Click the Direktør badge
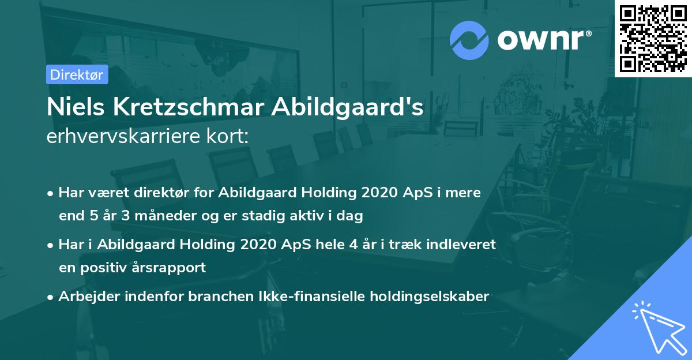pos(77,74)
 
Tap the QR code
pos(653,39)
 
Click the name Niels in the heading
pos(72,107)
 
